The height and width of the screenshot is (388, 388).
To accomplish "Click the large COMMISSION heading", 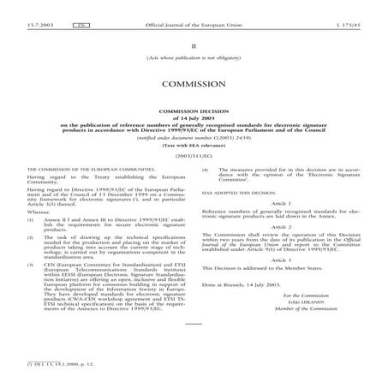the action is (193, 84).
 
